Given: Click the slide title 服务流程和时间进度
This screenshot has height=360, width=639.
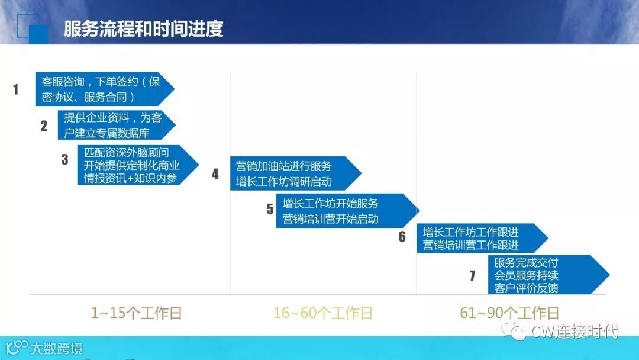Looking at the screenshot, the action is (144, 29).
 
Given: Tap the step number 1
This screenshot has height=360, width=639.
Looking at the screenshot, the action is (16, 90).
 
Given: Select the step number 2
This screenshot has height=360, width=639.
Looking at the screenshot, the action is (44, 126).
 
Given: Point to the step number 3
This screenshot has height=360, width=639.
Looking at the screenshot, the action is (65, 159).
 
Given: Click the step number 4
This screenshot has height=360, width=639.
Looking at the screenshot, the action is (215, 174).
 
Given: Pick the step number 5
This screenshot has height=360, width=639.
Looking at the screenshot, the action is (270, 209).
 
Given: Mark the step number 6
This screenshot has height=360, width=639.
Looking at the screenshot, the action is (402, 237).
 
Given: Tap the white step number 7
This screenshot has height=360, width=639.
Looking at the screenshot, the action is (472, 276).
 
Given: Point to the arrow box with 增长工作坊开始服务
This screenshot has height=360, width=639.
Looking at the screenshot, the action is (343, 211).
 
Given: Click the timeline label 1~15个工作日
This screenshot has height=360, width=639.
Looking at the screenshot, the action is (136, 313).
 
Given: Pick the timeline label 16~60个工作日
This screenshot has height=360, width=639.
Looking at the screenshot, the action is (323, 313).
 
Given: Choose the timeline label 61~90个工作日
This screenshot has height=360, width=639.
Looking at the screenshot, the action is (509, 313).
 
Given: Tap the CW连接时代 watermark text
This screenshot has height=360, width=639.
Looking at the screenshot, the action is (574, 331).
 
